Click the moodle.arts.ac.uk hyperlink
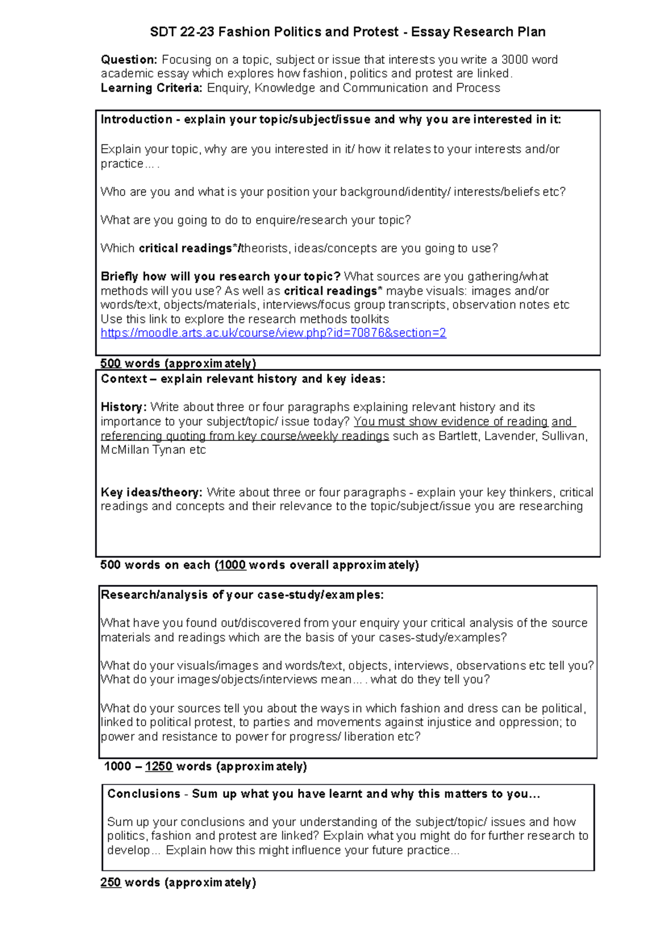[273, 333]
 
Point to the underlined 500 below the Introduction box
[110, 363]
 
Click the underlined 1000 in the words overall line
[231, 565]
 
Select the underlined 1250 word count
[159, 766]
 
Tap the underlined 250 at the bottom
[110, 882]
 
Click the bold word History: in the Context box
[123, 407]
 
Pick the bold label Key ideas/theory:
[152, 492]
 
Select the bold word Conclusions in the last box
[144, 793]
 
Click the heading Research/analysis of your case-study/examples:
[242, 595]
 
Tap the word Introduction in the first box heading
[136, 119]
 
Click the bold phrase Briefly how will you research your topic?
[220, 276]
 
